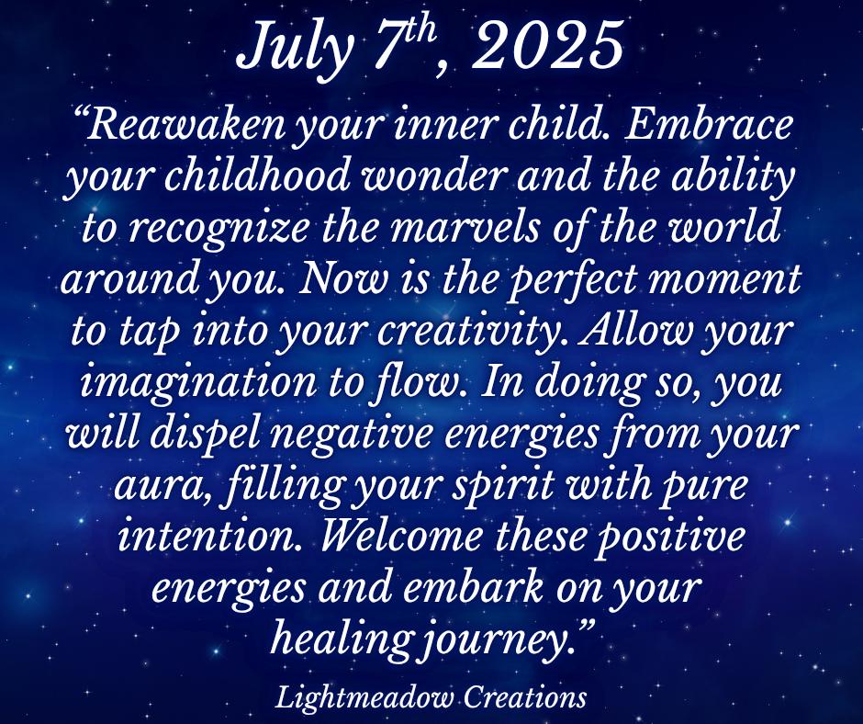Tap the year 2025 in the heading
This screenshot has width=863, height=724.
[547, 44]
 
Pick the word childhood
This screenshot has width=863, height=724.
[258, 176]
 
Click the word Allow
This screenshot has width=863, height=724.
[635, 331]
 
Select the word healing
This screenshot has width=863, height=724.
[342, 640]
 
